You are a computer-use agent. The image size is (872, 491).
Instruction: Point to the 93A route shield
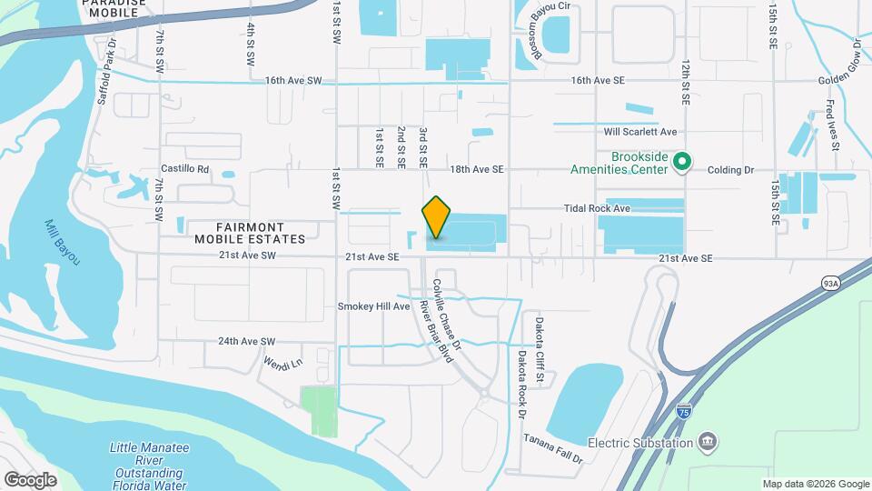(x=829, y=283)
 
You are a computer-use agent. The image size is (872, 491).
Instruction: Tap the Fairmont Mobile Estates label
(x=249, y=233)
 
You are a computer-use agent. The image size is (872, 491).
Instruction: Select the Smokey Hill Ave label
(x=374, y=306)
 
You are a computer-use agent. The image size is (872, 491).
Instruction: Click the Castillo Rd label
(x=184, y=169)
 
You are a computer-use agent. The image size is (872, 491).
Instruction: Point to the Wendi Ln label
(x=282, y=364)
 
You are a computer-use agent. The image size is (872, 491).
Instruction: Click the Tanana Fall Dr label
(x=551, y=449)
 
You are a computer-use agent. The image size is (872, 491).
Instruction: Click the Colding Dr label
(x=731, y=170)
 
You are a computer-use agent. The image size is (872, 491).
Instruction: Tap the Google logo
(x=30, y=479)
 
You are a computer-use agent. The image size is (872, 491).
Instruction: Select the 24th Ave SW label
(x=245, y=342)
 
